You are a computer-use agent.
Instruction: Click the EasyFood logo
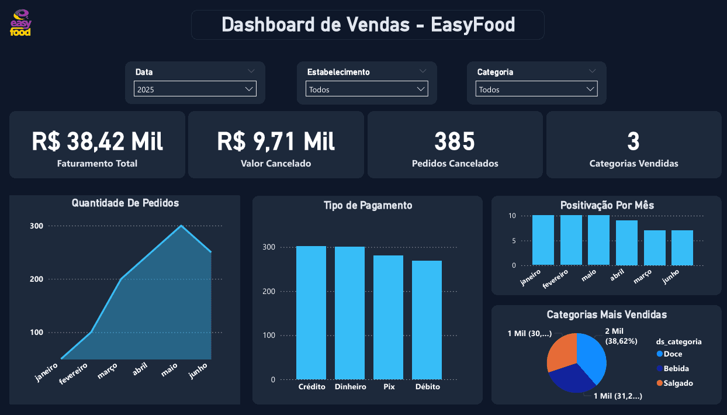[x=21, y=23]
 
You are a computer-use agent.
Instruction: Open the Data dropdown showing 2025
[x=195, y=89]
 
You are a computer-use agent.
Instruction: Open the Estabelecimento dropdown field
[x=366, y=89]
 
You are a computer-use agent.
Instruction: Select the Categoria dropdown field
[x=536, y=89]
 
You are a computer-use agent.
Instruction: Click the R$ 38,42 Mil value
[x=97, y=141]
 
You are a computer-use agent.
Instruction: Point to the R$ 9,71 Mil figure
[x=276, y=141]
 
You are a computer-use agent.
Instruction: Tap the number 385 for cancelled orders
[x=455, y=141]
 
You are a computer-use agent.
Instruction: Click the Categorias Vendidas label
[x=633, y=164]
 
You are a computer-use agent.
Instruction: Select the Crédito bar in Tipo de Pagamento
[x=311, y=313]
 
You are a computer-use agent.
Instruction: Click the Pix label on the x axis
[x=389, y=387]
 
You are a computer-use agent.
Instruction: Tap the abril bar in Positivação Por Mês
[x=626, y=243]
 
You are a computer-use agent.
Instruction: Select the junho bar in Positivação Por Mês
[x=682, y=248]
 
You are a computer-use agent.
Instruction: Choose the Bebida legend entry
[x=676, y=369]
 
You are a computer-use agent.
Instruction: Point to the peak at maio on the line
[x=181, y=226]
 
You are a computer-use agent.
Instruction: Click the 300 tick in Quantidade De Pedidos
[x=36, y=226]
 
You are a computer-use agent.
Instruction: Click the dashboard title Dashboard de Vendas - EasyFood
[x=368, y=25]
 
